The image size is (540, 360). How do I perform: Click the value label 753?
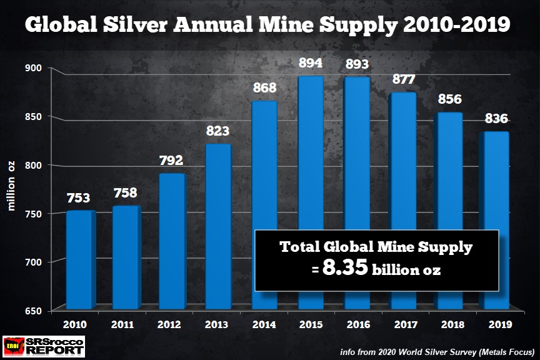[79, 198]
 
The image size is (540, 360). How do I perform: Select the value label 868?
[264, 89]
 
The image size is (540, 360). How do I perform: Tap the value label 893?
[357, 64]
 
